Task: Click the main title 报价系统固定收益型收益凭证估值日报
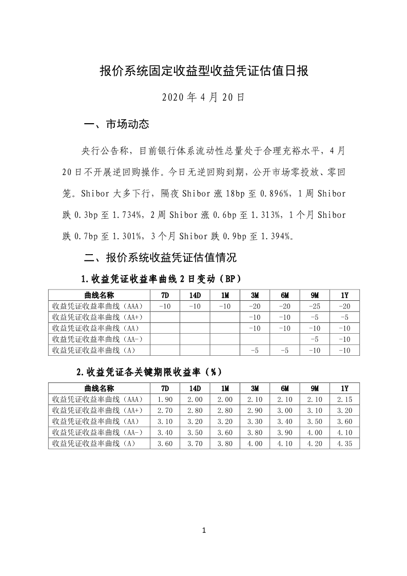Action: tap(203, 71)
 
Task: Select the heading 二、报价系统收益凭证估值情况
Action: tap(160, 257)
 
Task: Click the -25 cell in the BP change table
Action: tap(315, 306)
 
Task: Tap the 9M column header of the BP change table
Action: tap(315, 295)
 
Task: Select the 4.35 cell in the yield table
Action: tap(344, 443)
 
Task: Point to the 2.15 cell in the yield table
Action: tap(344, 399)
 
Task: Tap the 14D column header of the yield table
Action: tap(195, 388)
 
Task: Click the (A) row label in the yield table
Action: tap(94, 443)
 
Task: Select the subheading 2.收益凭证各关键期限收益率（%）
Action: tap(149, 372)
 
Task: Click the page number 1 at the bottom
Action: tap(204, 530)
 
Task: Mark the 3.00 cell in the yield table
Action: tap(285, 410)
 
